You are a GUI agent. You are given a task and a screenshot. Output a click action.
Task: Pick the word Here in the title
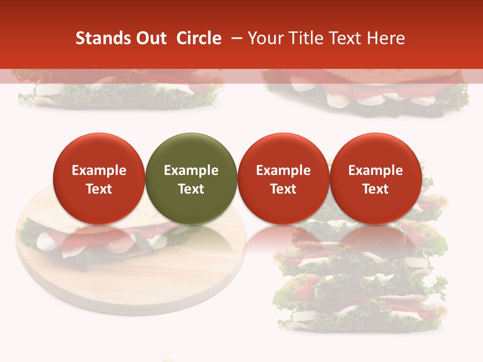[387, 38]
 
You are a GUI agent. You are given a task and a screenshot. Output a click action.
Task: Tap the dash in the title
[235, 38]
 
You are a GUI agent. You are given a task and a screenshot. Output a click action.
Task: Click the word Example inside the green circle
[191, 170]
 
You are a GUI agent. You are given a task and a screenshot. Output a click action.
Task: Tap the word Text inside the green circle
[191, 189]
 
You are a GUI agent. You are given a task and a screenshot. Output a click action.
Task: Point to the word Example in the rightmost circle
[375, 170]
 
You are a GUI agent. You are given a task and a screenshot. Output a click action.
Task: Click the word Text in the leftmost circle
[99, 189]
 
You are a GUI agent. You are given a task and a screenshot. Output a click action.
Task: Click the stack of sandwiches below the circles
[360, 282]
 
